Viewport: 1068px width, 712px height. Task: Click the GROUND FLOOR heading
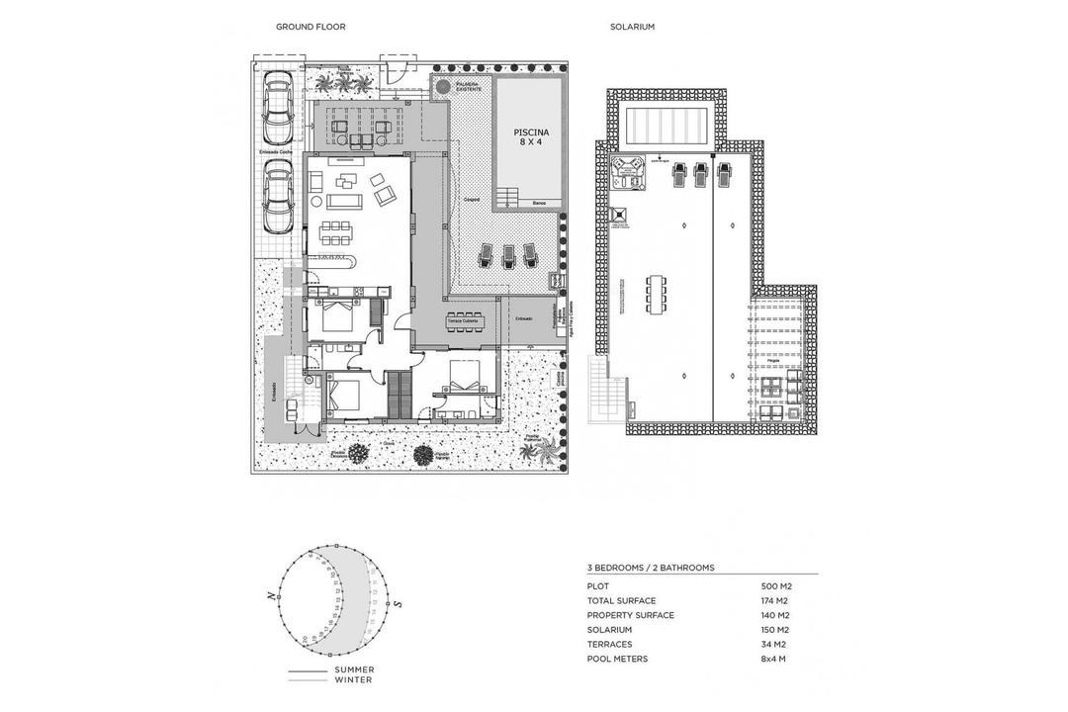tap(311, 28)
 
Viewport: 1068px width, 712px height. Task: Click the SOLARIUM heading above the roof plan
tap(632, 28)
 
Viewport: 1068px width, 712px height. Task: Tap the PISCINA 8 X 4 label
tap(533, 135)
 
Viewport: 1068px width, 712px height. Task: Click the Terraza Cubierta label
tap(463, 321)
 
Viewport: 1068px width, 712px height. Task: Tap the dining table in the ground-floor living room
tap(335, 233)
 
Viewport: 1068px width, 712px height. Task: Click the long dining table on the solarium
tap(656, 293)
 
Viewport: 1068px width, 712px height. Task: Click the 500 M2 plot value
tap(778, 586)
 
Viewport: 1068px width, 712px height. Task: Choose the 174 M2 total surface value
tap(778, 601)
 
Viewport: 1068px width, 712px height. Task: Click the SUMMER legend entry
tap(354, 669)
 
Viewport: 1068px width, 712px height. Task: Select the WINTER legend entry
tap(353, 680)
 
